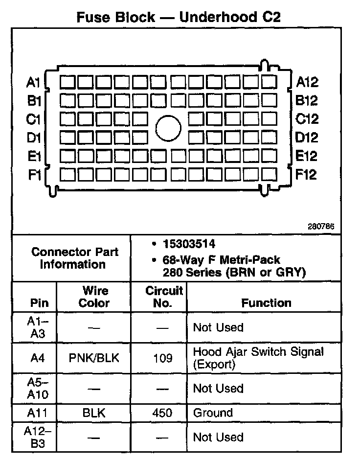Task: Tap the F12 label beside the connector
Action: point(306,174)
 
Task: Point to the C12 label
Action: point(307,119)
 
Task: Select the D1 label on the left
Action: point(34,138)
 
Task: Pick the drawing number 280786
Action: point(321,227)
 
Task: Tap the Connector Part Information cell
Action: point(74,258)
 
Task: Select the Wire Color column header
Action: point(94,297)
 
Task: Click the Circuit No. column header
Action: point(164,297)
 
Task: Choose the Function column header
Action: point(266,303)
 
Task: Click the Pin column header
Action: point(40,303)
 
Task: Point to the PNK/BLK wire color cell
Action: point(94,358)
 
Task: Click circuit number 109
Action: point(163,358)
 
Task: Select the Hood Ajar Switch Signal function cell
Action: point(258,358)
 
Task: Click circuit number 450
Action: point(163,413)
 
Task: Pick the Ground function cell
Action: point(213,413)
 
